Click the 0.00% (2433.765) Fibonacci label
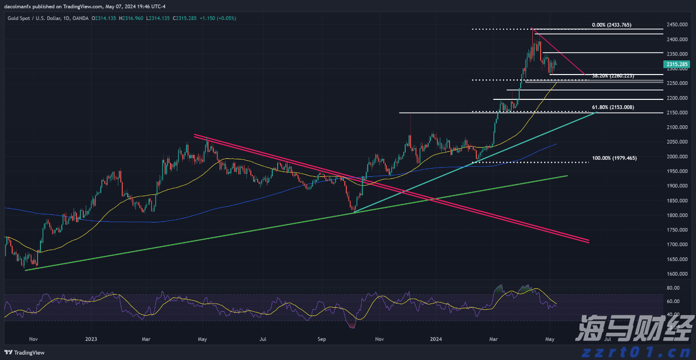click(611, 25)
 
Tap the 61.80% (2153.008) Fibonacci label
click(613, 107)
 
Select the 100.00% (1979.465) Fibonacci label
click(614, 158)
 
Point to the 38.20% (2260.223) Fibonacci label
click(613, 76)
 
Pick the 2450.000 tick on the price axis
click(677, 24)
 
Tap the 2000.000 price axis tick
click(677, 156)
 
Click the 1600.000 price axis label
click(677, 274)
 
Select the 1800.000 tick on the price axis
click(677, 215)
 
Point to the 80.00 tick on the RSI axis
click(673, 288)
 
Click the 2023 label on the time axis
click(91, 338)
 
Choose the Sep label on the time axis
click(321, 338)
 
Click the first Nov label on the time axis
click(34, 338)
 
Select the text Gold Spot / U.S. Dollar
click(35, 19)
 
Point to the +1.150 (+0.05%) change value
click(218, 19)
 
